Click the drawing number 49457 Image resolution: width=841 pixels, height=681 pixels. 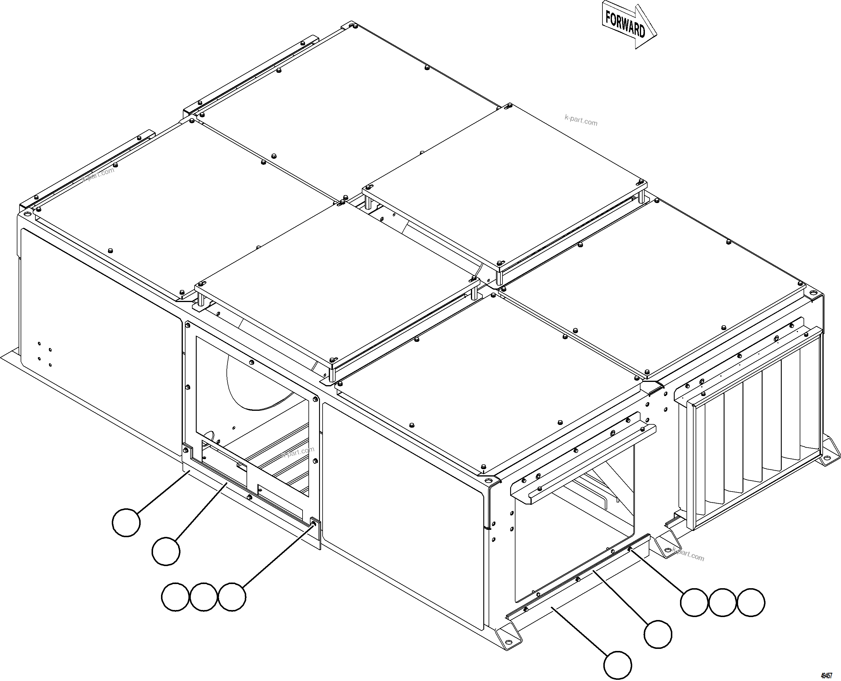click(x=827, y=675)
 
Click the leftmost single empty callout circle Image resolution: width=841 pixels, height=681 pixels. click(x=126, y=522)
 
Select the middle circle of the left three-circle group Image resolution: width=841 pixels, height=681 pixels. click(x=203, y=597)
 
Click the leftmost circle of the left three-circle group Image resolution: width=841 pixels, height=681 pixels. click(x=175, y=597)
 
